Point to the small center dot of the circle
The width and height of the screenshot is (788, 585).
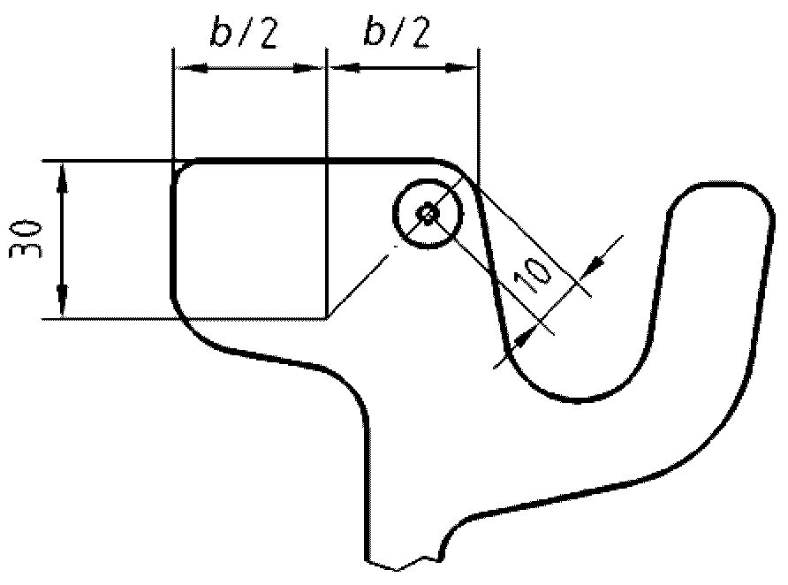[x=428, y=213]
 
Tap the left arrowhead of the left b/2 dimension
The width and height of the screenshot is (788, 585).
[x=186, y=68]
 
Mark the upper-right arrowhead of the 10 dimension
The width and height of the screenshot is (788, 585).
[x=596, y=262]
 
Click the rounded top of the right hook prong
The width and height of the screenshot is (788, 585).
[x=719, y=188]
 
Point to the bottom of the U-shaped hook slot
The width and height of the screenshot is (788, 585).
[x=574, y=399]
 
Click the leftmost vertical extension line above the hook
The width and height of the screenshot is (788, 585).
[x=173, y=106]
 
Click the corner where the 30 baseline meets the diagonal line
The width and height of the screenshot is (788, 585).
[x=328, y=316]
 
